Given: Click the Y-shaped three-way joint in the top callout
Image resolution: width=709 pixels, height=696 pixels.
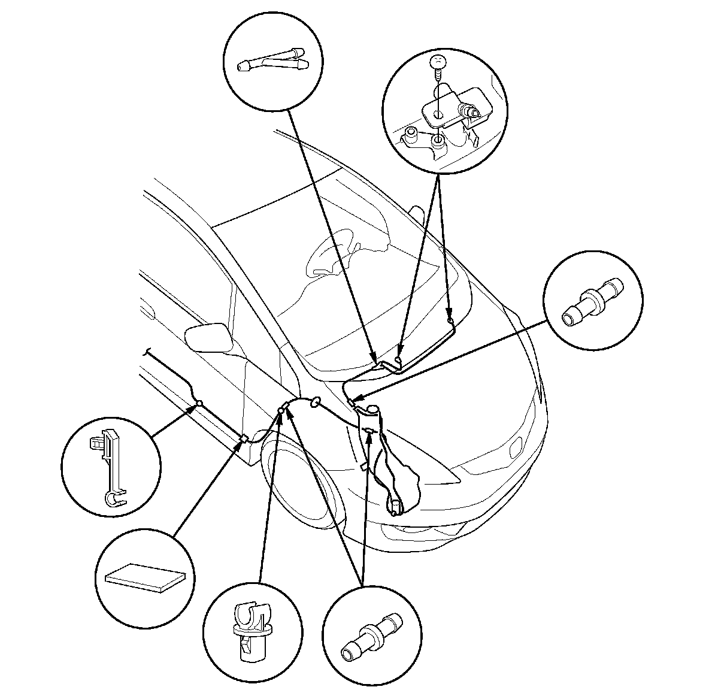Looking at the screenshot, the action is (272, 61).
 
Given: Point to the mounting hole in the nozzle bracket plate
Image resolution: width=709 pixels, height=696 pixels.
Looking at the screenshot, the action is (438, 113).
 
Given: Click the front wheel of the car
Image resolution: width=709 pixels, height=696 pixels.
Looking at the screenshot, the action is (299, 479).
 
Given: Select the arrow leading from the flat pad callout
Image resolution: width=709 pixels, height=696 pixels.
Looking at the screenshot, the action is (210, 485).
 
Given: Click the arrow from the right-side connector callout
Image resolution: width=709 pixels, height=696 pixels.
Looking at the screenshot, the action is (449, 359).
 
